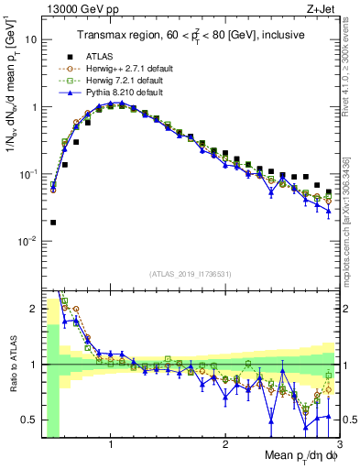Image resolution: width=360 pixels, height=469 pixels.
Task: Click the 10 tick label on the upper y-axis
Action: [29, 40]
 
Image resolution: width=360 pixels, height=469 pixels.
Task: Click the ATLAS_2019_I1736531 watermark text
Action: [189, 274]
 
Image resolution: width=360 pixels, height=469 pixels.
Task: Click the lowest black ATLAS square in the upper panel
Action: [53, 222]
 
